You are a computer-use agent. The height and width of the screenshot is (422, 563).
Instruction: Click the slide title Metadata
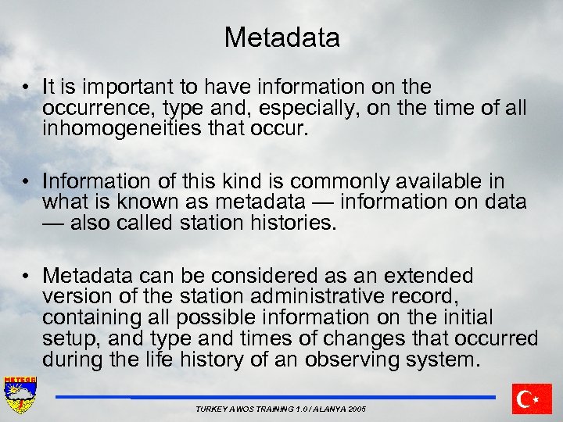tap(281, 38)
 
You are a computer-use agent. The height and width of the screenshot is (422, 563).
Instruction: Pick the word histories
tap(296, 224)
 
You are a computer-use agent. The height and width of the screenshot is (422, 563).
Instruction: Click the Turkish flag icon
tap(532, 399)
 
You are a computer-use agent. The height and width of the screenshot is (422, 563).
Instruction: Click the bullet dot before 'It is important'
tap(27, 88)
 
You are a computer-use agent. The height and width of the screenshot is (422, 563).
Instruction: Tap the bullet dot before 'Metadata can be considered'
tap(27, 277)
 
